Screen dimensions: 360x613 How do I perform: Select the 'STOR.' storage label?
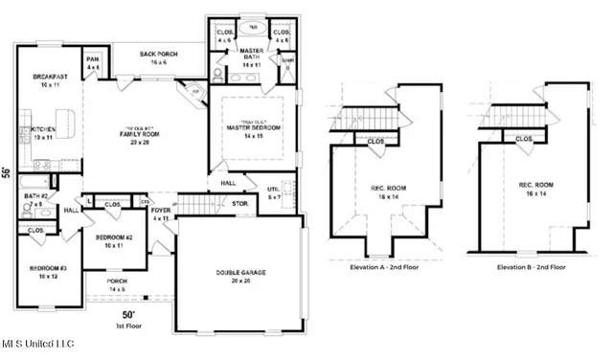(240, 203)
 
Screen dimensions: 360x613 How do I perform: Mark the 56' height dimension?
(7, 172)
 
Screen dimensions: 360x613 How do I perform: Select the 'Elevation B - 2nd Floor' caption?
(532, 268)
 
